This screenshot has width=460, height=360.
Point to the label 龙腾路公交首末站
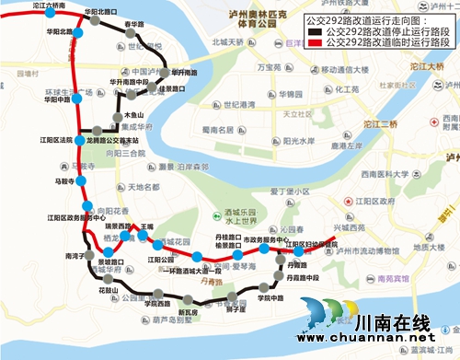click(122, 140)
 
